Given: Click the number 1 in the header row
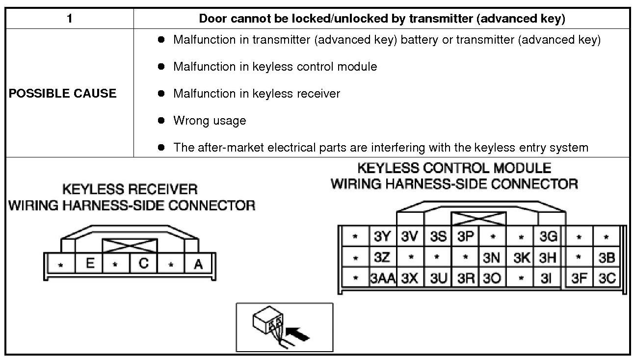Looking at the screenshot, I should coord(70,19).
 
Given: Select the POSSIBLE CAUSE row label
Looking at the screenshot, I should coord(62,94).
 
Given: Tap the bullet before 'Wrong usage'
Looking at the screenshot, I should coord(161,121).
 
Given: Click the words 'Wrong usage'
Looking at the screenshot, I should coord(210,121).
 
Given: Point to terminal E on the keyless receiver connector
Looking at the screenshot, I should coord(90,264).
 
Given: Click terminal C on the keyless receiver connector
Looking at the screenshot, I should coord(144,264).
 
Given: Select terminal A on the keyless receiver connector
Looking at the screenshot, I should coord(198,264).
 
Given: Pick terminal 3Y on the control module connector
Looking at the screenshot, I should coord(382,237).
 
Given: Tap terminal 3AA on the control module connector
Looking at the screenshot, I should coord(382,279).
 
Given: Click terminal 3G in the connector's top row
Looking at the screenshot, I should coord(548,237).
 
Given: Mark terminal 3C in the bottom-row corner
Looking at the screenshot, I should coord(607,279).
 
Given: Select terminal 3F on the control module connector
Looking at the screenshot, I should coord(579,279).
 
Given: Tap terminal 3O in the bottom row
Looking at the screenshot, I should coord(492,279).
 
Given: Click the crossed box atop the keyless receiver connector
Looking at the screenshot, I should coord(130,245).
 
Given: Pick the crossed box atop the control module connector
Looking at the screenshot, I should coord(478,218).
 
